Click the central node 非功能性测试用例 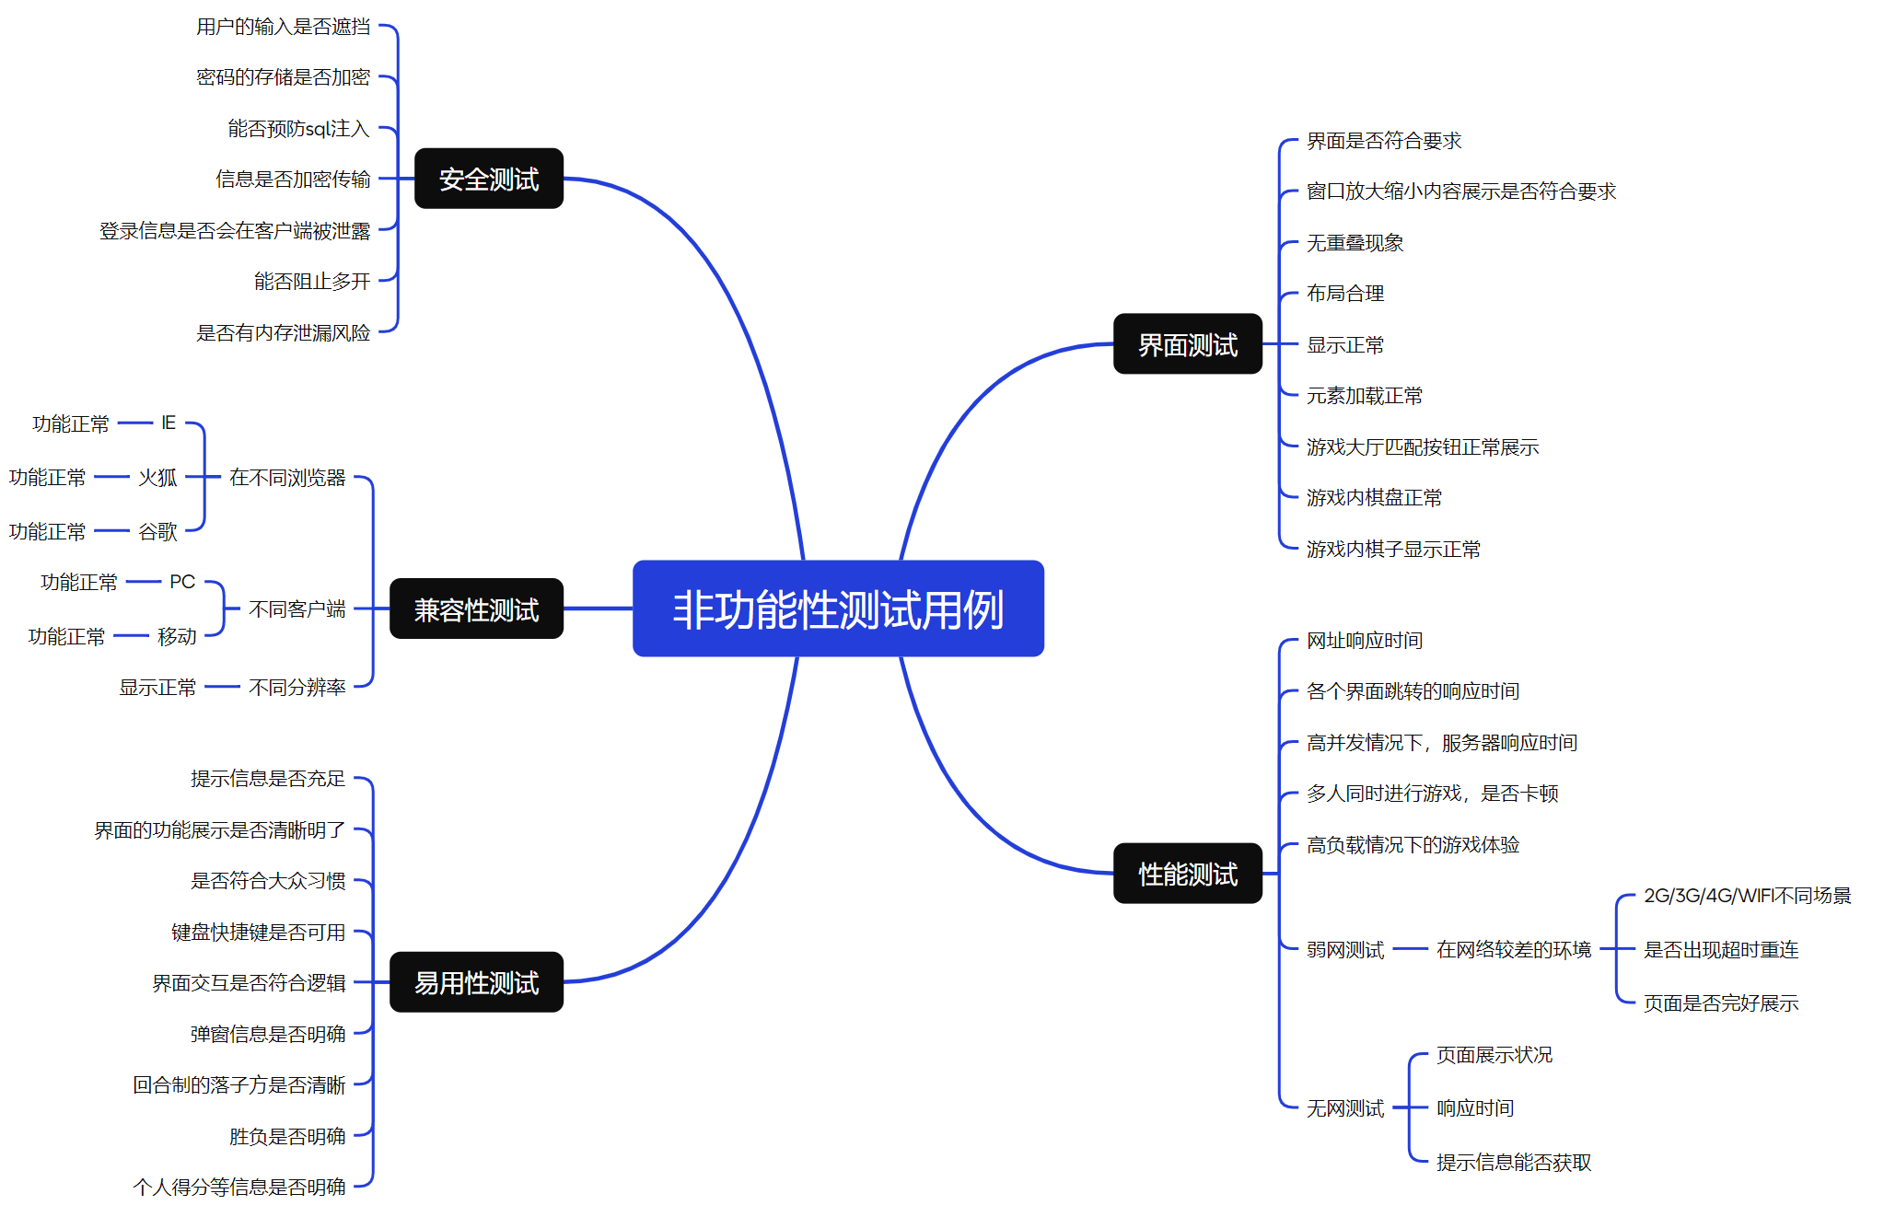[x=838, y=608]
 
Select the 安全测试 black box [x=488, y=179]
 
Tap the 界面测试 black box [x=1187, y=344]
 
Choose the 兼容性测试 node [x=476, y=608]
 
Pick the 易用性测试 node [x=476, y=982]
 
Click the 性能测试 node [x=1187, y=874]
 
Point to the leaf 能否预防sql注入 [x=298, y=128]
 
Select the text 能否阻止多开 [x=312, y=281]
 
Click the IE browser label [x=169, y=423]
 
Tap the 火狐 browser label [x=157, y=477]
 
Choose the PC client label [x=182, y=582]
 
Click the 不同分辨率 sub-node [x=297, y=687]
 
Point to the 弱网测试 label [x=1344, y=949]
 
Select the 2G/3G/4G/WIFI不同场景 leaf [x=1747, y=896]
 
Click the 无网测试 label [x=1344, y=1107]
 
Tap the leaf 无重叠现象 [x=1355, y=243]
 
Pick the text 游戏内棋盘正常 [x=1374, y=498]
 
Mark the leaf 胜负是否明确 [x=287, y=1136]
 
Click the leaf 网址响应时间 [x=1365, y=641]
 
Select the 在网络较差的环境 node [x=1513, y=949]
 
